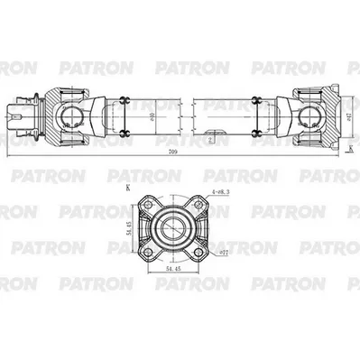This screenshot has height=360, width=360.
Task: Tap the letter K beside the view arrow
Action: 346,153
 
